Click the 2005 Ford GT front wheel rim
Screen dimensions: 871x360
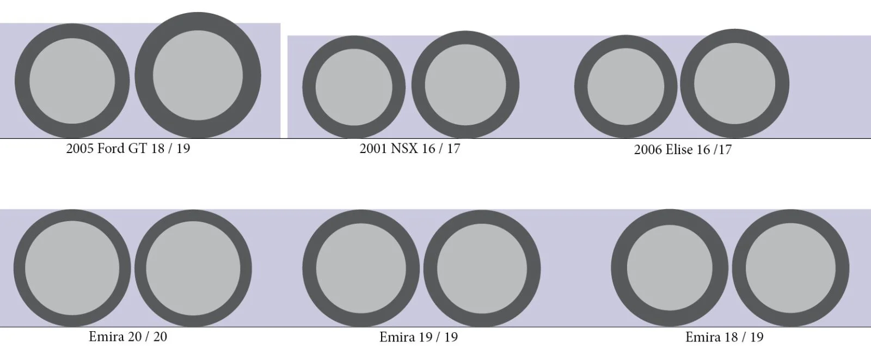(x=72, y=81)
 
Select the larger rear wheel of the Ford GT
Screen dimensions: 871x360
(x=198, y=75)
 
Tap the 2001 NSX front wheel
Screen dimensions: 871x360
(x=354, y=87)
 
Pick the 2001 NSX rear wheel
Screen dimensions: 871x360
(x=465, y=85)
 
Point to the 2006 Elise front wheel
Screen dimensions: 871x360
(x=626, y=87)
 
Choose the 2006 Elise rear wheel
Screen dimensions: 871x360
(x=734, y=84)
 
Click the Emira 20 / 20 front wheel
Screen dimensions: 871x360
(x=72, y=268)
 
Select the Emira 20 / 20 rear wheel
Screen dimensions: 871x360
(x=193, y=269)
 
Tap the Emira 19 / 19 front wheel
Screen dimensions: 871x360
(x=361, y=269)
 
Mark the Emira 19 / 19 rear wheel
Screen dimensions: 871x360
(x=482, y=269)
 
